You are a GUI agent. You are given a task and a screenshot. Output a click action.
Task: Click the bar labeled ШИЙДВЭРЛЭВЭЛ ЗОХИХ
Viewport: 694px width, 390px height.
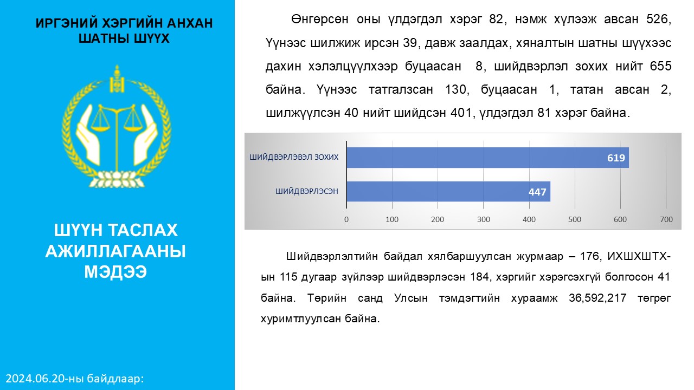487,158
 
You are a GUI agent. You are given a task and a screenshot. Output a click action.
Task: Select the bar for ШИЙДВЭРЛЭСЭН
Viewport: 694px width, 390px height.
448,192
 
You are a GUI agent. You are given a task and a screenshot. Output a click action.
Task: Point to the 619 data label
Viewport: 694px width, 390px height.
616,158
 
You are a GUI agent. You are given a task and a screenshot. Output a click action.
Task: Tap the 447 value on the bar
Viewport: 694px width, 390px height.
537,192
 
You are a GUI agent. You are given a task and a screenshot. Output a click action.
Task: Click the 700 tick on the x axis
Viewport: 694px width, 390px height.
666,219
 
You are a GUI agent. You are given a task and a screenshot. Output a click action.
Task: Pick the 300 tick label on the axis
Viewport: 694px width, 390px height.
483,219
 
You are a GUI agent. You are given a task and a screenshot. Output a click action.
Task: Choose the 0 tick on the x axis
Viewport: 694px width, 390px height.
346,219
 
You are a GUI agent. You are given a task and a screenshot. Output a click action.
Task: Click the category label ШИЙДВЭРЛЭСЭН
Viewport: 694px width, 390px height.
307,191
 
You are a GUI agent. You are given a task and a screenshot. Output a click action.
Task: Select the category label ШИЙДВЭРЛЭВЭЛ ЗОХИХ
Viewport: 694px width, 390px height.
294,157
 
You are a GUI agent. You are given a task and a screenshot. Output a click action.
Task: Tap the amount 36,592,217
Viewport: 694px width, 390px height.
597,298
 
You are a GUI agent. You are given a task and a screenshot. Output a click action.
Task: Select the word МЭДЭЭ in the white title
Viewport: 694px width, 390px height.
115,272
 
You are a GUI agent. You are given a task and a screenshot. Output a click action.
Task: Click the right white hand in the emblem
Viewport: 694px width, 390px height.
145,135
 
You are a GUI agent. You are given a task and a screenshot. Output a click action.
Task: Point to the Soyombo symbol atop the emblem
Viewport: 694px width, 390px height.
117,79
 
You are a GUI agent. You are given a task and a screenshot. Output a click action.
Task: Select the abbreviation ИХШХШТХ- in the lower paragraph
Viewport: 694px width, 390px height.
639,256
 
